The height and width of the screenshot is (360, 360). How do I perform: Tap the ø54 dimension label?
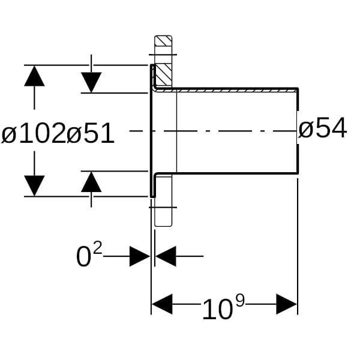[x=323, y=128]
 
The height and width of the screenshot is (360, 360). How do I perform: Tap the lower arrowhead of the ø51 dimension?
[x=91, y=181]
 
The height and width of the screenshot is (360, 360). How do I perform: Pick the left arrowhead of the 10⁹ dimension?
[x=163, y=304]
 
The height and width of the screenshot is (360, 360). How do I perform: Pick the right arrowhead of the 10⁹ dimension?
[x=286, y=304]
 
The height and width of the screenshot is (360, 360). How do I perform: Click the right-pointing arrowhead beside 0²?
[x=139, y=257]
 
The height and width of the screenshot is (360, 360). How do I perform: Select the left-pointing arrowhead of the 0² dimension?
[x=166, y=257]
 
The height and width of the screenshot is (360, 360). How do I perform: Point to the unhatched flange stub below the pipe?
[x=163, y=207]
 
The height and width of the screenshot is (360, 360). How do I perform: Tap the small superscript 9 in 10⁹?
[x=239, y=300]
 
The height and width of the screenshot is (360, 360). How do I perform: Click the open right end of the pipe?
[x=298, y=131]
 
